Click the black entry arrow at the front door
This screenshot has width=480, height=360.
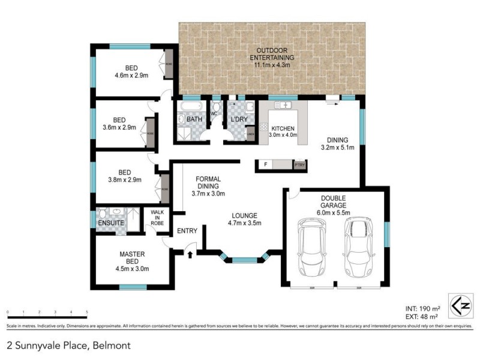191,254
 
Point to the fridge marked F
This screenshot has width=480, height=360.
265,164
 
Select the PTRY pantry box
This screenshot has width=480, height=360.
299,164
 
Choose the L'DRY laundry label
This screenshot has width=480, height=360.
239,120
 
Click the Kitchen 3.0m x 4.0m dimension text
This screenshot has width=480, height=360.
284,136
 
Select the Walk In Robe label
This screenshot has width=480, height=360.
157,217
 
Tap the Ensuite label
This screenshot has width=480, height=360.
111,223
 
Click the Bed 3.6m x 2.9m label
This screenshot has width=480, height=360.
119,123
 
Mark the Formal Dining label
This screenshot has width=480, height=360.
208,186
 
